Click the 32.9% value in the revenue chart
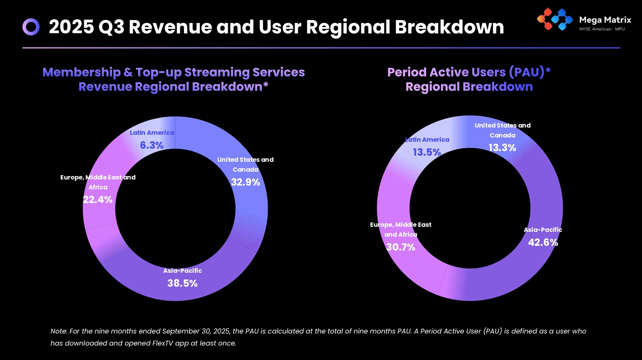246,182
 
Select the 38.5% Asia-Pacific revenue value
182,283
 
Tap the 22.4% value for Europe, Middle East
98,200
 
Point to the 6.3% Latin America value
152,146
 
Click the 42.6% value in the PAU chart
543,243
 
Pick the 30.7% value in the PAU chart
401,247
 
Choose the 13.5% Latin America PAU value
427,152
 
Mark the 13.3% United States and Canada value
502,148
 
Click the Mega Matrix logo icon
555,20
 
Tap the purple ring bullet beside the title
31,27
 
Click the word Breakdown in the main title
449,27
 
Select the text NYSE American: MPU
602,29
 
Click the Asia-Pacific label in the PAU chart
543,230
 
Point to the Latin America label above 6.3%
152,133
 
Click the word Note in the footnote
59,331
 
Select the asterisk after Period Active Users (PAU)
548,70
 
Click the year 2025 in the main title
71,27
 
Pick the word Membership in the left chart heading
82,72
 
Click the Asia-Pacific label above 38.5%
182,271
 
